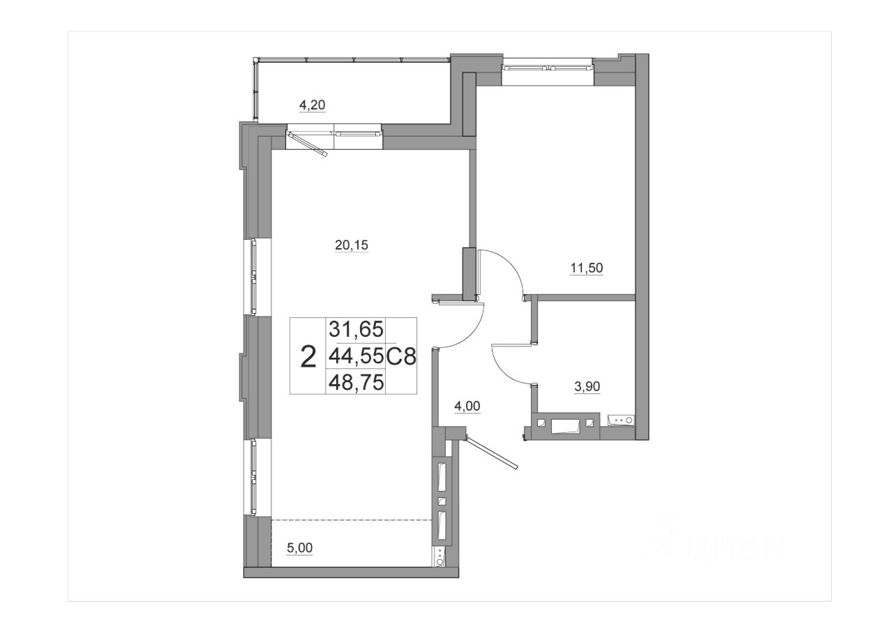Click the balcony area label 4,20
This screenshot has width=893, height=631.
point(312,105)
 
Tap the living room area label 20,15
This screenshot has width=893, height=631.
point(351,245)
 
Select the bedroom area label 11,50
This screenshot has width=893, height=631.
point(586,268)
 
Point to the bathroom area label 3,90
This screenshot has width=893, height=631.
point(587,386)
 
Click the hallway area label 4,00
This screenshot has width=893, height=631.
point(467,406)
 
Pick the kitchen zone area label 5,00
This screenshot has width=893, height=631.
point(300,548)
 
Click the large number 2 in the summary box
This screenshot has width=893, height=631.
point(308,357)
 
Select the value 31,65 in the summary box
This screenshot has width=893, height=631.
point(356,329)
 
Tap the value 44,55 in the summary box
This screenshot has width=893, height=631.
point(356,356)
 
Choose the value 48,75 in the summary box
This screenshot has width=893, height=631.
point(356,382)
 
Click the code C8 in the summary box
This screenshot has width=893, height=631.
point(401,356)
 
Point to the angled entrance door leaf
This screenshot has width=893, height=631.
point(492,453)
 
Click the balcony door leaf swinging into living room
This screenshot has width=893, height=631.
point(308,144)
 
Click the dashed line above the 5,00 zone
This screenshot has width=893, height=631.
point(352,519)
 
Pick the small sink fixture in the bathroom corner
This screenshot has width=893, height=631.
point(620,420)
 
